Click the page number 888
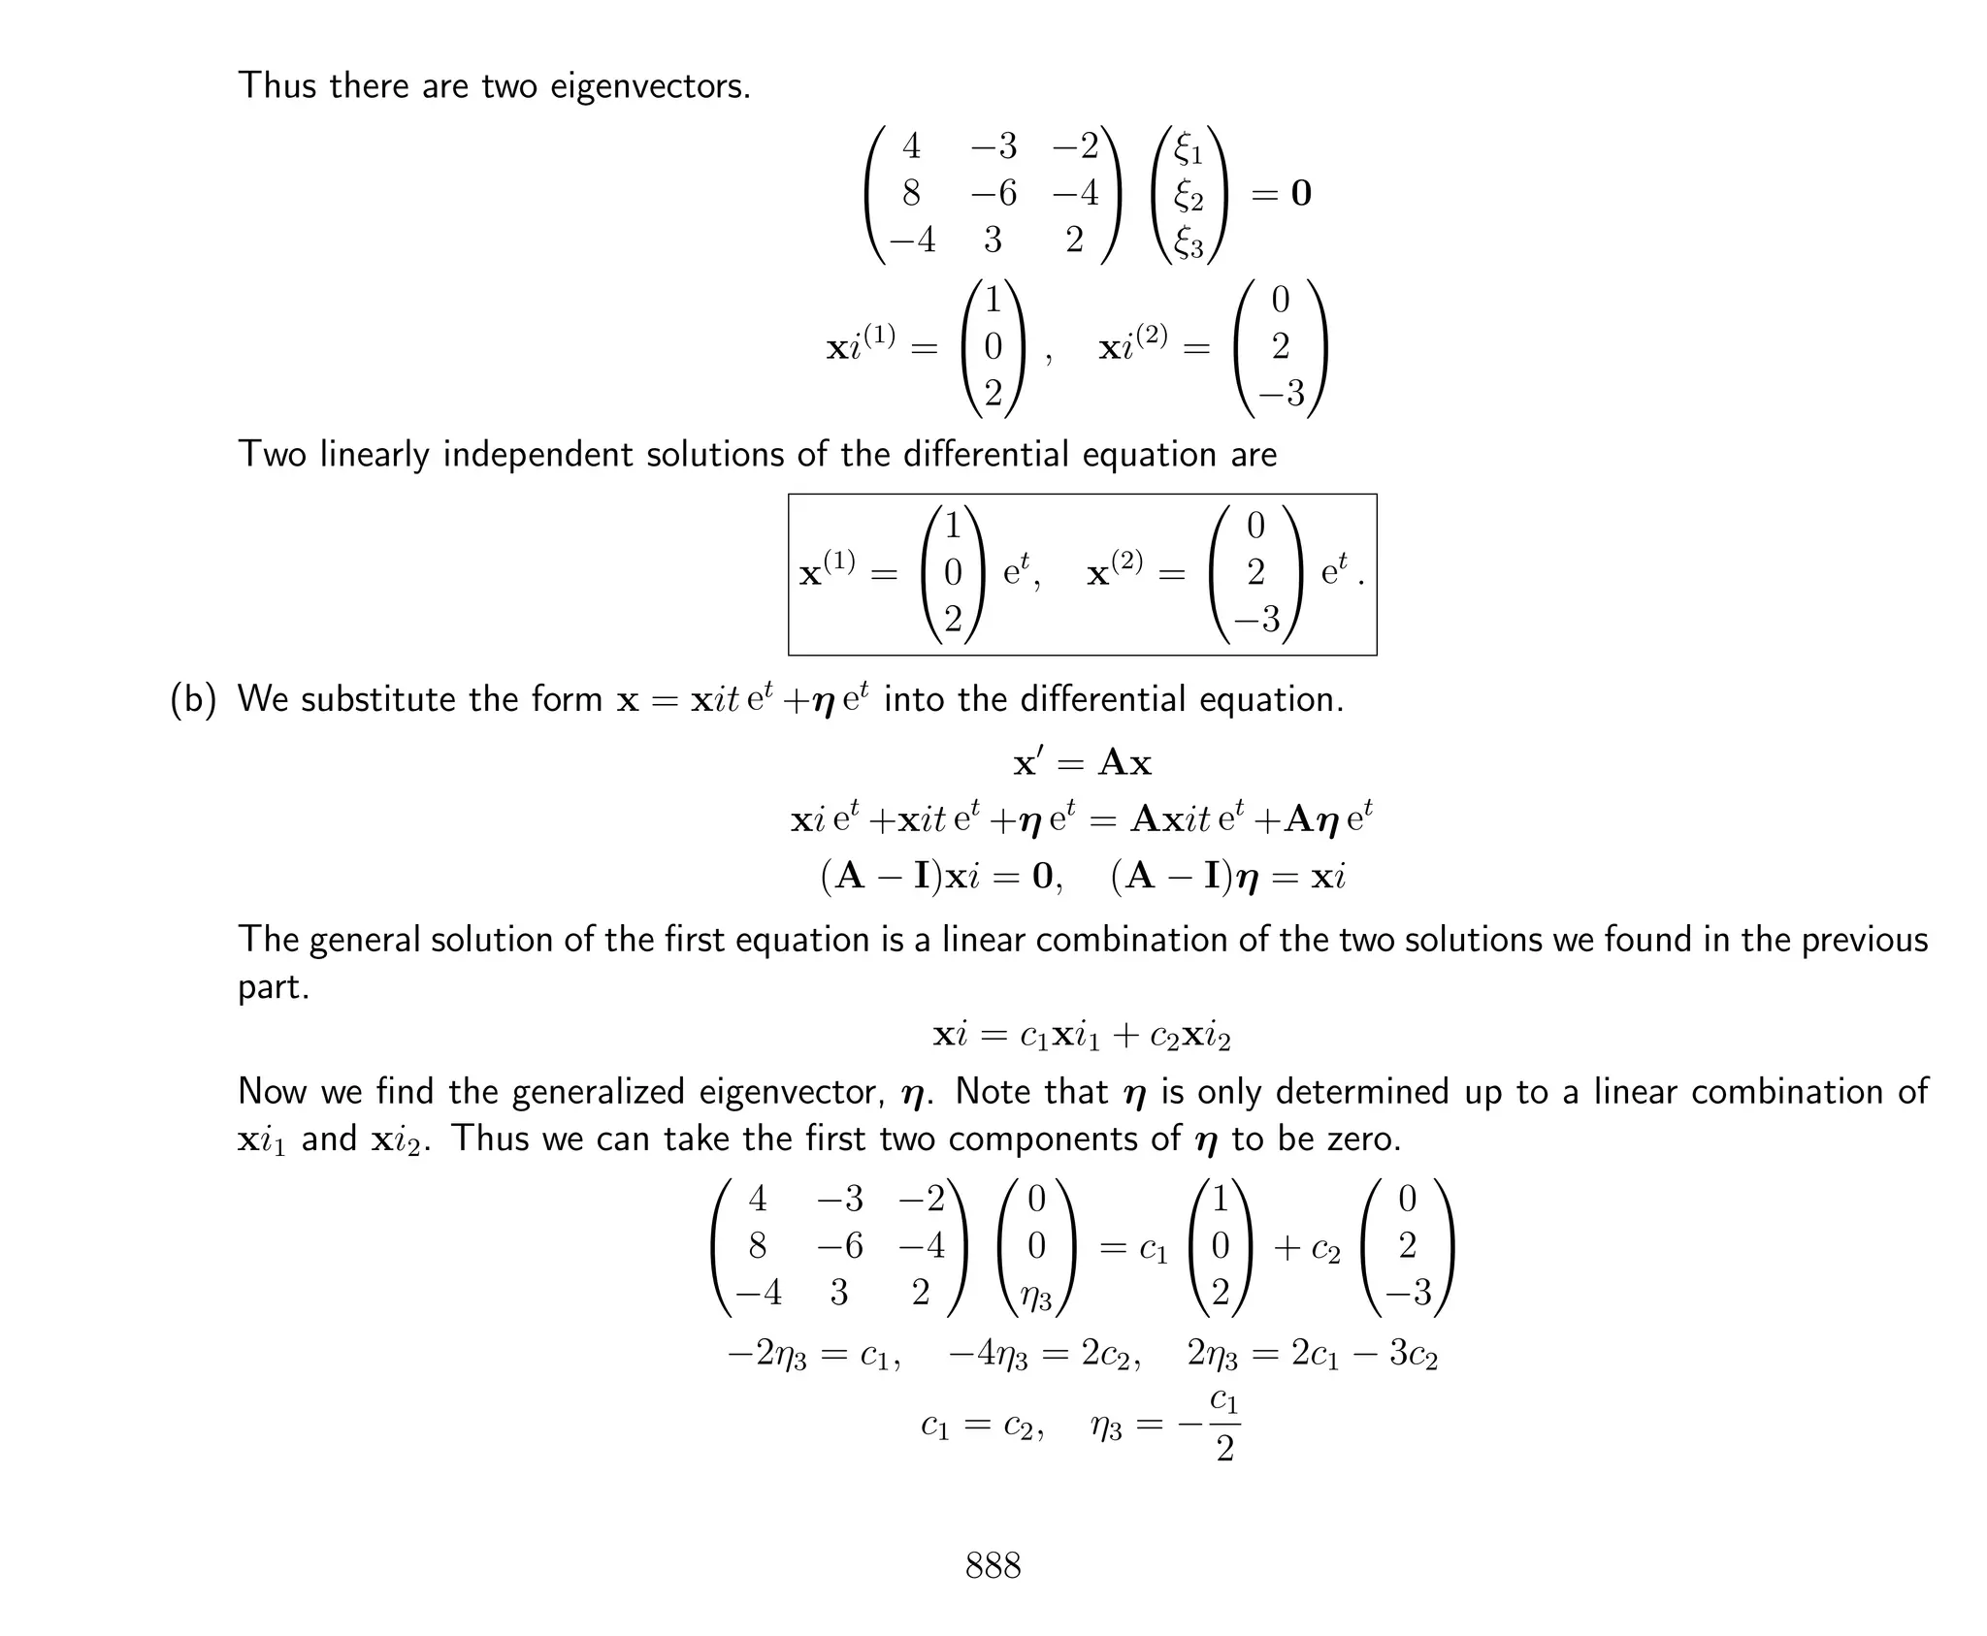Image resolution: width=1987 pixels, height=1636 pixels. click(x=993, y=1565)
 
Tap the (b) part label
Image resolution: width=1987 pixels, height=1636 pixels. click(x=193, y=699)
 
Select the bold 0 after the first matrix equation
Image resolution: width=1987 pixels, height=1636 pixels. click(x=1300, y=194)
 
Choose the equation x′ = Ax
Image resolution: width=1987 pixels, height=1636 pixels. click(x=1082, y=763)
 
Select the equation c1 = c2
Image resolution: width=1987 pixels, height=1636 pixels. click(x=981, y=1425)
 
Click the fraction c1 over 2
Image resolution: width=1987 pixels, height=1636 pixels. click(x=1224, y=1426)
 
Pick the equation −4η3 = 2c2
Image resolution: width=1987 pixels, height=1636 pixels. click(x=1043, y=1355)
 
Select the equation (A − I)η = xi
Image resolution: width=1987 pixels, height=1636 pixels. click(x=1227, y=877)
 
